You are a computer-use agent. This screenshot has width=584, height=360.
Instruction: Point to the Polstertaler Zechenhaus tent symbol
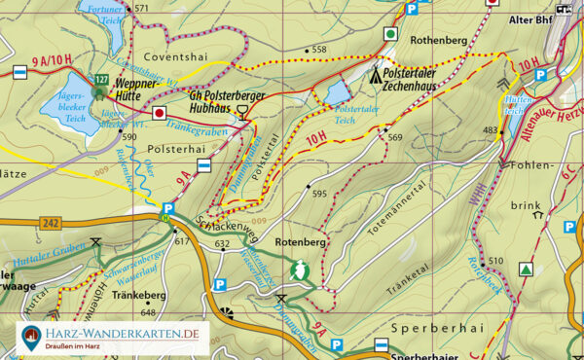coord(377,75)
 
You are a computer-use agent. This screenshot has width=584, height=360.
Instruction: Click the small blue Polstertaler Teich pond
coord(336,93)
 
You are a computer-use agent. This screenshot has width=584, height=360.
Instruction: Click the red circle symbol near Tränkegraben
coord(160,113)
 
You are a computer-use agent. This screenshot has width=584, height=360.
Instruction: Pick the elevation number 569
coord(394,137)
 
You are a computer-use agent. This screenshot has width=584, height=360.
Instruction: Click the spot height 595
coord(319,194)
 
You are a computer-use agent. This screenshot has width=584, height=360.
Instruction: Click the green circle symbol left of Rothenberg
coord(390,34)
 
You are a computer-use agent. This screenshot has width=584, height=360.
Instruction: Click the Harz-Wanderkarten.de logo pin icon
coord(32,338)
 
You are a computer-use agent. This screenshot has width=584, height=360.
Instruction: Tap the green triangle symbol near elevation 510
coord(527,269)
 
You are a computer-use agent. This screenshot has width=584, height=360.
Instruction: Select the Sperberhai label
coord(427,330)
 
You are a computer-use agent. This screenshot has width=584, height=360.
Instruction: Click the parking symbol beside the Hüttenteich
coord(540,74)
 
